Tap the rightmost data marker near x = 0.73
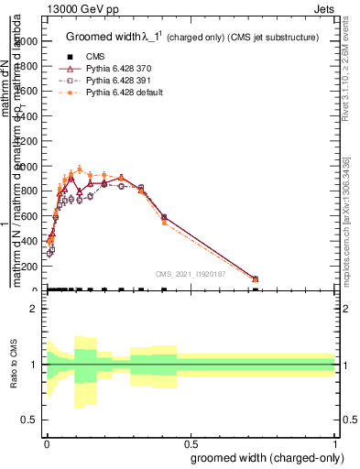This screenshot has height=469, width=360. (x=255, y=278)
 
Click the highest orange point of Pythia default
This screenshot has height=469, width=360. (x=80, y=169)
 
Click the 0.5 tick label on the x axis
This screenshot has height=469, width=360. (x=190, y=442)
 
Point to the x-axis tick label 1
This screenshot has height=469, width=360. (x=335, y=442)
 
